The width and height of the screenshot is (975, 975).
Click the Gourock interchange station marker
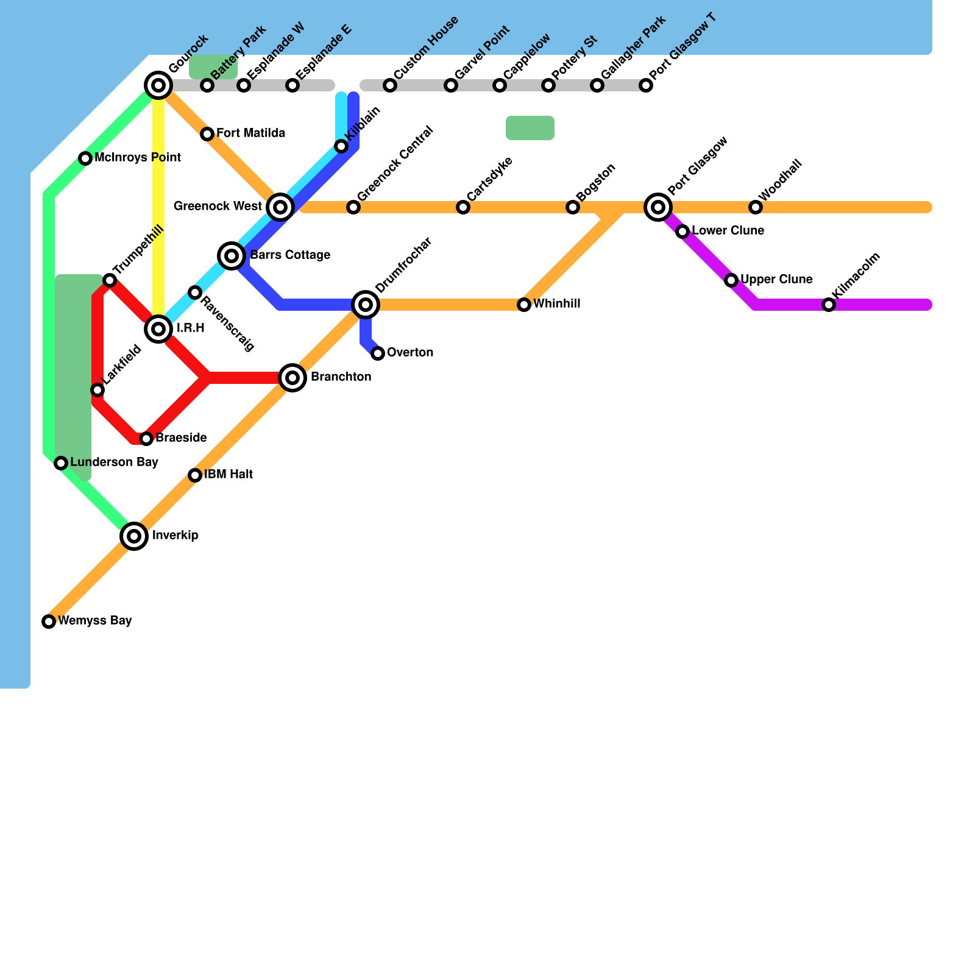click(x=158, y=85)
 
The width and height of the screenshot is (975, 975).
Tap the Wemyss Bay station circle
click(x=49, y=622)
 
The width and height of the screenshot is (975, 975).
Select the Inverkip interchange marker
click(x=134, y=536)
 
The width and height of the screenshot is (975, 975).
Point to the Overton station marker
click(x=378, y=353)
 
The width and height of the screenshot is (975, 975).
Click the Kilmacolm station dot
click(x=829, y=305)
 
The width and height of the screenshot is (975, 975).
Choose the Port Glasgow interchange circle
click(x=658, y=207)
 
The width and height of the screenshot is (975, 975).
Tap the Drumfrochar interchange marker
click(x=366, y=305)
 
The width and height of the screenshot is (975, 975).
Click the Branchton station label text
click(x=341, y=377)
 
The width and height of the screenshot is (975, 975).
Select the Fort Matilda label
click(x=250, y=133)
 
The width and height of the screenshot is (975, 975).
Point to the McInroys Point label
click(x=138, y=158)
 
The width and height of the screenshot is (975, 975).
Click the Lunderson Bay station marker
click(x=61, y=463)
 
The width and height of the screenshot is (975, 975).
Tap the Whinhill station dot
click(x=524, y=305)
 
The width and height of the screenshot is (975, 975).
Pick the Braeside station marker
click(x=146, y=439)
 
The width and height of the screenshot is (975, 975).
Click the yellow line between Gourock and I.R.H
click(x=158, y=207)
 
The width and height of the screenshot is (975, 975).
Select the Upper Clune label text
click(x=776, y=280)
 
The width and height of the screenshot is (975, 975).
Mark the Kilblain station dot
click(x=341, y=146)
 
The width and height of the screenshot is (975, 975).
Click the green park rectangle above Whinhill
click(x=530, y=128)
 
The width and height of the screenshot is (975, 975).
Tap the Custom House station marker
click(x=390, y=85)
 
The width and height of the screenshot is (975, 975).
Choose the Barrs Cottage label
click(x=290, y=255)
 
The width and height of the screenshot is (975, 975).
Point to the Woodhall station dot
click(x=756, y=207)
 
